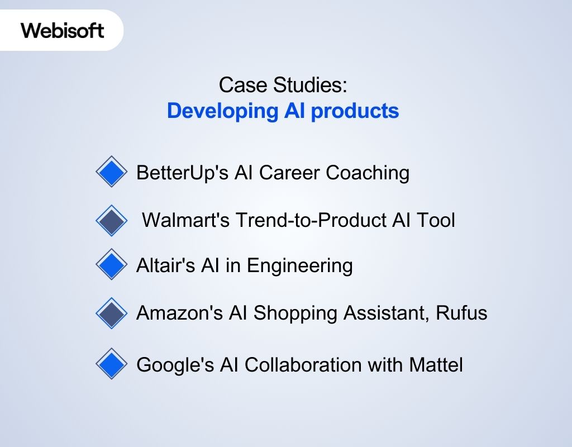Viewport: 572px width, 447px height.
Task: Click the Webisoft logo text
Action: click(63, 30)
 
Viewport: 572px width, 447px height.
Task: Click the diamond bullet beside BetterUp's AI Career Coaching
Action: click(112, 171)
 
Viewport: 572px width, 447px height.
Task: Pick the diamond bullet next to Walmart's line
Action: click(112, 220)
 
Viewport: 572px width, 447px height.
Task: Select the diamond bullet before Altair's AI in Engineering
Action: click(112, 264)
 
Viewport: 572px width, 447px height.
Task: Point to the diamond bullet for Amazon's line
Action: click(112, 313)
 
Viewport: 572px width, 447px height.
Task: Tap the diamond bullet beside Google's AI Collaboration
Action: click(112, 364)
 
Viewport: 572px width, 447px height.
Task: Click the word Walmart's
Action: click(185, 220)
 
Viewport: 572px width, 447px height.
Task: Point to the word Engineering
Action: click(300, 265)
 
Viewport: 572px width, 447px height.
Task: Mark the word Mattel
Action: click(436, 365)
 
